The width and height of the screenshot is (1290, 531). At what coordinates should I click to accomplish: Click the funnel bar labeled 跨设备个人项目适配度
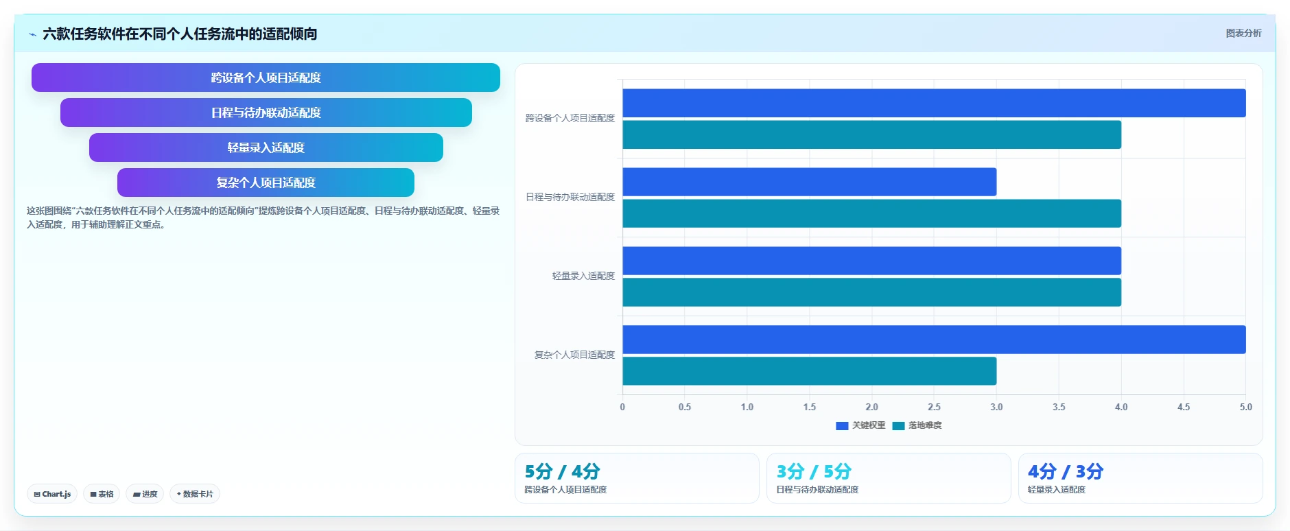tap(266, 78)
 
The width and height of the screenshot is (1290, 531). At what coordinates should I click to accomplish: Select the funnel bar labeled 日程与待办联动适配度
tap(266, 113)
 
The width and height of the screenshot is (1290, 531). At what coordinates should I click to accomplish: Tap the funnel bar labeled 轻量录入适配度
tap(266, 147)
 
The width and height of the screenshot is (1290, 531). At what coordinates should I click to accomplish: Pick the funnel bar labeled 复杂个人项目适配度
tap(266, 182)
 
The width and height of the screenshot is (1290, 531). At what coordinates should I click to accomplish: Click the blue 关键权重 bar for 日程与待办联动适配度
tap(810, 182)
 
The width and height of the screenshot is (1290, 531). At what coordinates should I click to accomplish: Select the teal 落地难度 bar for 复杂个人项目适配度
tap(810, 371)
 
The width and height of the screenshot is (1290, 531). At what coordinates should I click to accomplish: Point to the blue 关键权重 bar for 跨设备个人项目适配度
tap(934, 103)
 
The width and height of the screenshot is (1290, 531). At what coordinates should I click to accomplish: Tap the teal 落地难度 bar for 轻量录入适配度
tap(871, 292)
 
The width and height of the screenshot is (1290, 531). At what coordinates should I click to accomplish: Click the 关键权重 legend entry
tap(860, 425)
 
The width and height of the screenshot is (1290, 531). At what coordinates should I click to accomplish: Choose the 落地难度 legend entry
tap(917, 425)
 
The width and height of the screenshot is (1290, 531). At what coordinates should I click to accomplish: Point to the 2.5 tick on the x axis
tap(934, 407)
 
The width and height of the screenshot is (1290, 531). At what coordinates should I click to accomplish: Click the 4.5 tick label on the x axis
tap(1184, 407)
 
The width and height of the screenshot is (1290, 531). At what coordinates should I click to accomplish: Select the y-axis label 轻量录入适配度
tap(583, 276)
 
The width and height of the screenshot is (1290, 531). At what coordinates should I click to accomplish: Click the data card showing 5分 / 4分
tap(637, 478)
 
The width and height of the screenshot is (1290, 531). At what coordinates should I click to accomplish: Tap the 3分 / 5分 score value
tap(814, 471)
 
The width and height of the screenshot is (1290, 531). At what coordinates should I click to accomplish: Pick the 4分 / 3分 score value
tap(1066, 471)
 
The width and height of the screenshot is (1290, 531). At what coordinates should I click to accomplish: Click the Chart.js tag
tap(52, 494)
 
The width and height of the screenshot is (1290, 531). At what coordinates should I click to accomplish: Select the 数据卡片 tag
tap(195, 494)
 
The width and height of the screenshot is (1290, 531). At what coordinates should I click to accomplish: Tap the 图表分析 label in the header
tap(1243, 33)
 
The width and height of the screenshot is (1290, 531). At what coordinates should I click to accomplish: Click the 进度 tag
tap(145, 494)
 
